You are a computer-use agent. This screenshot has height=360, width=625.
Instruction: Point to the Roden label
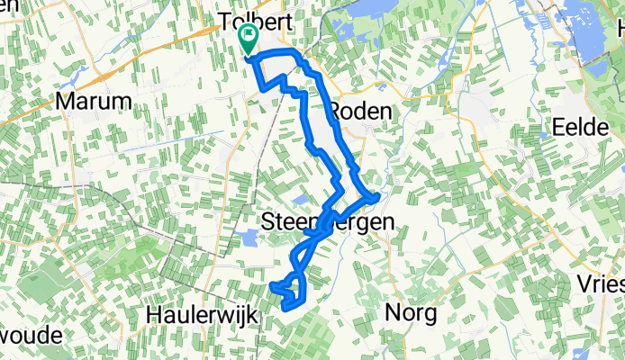[362, 111]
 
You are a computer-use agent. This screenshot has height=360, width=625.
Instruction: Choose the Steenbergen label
[331, 221]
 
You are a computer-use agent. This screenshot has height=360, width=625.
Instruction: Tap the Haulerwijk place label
[202, 315]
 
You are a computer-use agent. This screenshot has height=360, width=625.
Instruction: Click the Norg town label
[410, 313]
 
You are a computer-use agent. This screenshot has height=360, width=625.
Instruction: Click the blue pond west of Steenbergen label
[245, 238]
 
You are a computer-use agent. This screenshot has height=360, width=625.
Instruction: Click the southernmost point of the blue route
[285, 309]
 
